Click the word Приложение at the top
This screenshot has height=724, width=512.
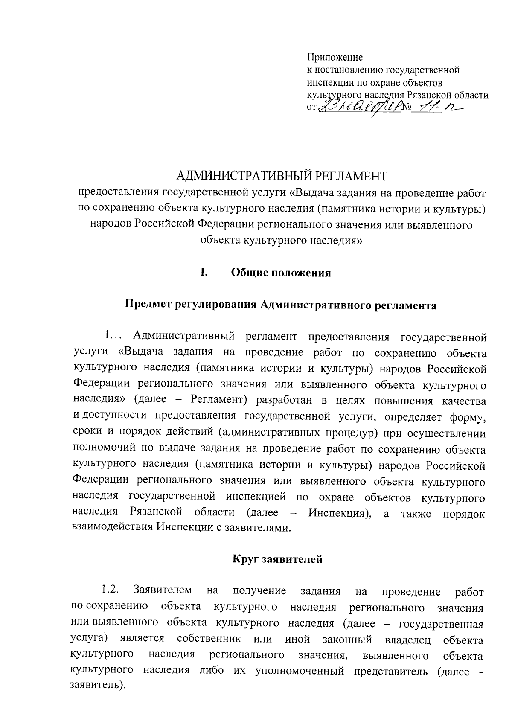335,57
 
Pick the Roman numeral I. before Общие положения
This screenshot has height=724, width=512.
204,272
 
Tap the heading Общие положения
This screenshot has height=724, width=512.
281,273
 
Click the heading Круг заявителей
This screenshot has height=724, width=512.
277,559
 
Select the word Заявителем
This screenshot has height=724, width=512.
163,591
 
